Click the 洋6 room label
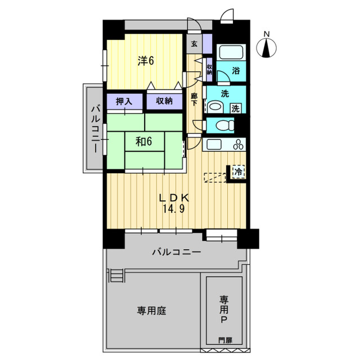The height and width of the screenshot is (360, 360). pyautogui.click(x=146, y=61)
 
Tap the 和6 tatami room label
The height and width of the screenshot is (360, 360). pyautogui.click(x=144, y=141)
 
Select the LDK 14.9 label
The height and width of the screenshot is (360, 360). pyautogui.click(x=174, y=203)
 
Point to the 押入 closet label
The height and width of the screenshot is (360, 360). pyautogui.click(x=124, y=101)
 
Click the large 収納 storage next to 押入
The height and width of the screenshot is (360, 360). pyautogui.click(x=164, y=101)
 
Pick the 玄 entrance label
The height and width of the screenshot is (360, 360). pyautogui.click(x=194, y=44)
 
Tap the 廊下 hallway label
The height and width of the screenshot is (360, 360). pyautogui.click(x=194, y=99)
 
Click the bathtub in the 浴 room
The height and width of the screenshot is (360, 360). pyautogui.click(x=231, y=52)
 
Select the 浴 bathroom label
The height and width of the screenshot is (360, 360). pyautogui.click(x=236, y=70)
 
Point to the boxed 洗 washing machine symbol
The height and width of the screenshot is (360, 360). pyautogui.click(x=236, y=108)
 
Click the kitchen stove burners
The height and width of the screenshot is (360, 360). pyautogui.click(x=238, y=145)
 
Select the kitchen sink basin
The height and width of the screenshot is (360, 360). pyautogui.click(x=214, y=144)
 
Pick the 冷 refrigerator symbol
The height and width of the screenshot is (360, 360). pyautogui.click(x=238, y=172)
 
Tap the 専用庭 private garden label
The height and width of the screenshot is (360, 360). pyautogui.click(x=151, y=311)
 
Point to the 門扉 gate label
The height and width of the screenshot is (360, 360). pyautogui.click(x=225, y=340)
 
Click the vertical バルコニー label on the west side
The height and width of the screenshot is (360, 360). pyautogui.click(x=96, y=129)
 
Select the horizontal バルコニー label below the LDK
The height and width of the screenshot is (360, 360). pyautogui.click(x=177, y=252)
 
